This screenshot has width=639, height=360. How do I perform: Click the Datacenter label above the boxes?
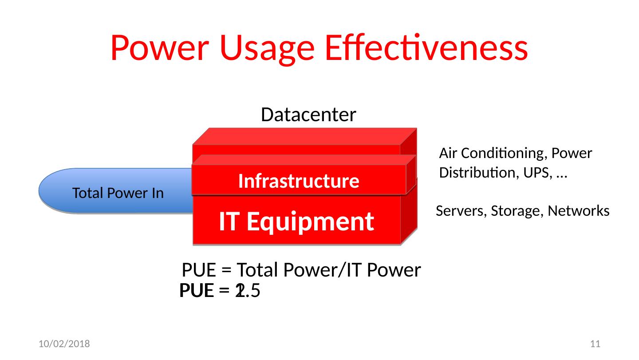[x=308, y=115]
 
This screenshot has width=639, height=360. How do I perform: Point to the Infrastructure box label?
[x=299, y=181]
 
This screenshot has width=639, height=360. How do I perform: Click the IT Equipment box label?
[x=296, y=222]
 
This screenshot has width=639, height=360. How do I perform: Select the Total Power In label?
[x=118, y=193]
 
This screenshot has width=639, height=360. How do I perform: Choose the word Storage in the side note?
[x=507, y=211]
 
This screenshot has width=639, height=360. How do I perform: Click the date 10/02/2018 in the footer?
[x=64, y=344]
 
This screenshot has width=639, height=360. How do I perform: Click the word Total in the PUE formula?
[x=257, y=270]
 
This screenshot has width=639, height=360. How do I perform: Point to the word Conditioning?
[x=501, y=154]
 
